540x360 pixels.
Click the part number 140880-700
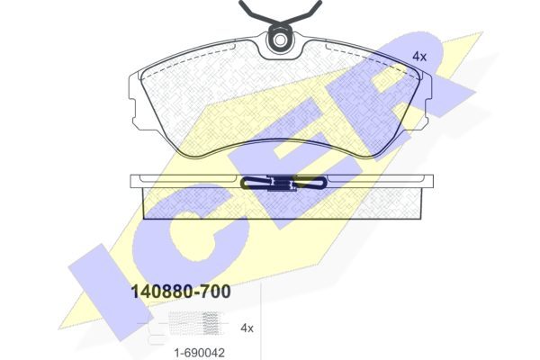(181, 292)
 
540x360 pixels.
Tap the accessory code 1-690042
(200, 353)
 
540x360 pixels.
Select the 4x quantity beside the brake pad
(419, 57)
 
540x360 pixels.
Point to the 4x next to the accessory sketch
(247, 328)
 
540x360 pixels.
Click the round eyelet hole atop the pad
(280, 40)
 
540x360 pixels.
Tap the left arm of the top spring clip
(256, 13)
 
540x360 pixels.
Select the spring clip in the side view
(283, 183)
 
